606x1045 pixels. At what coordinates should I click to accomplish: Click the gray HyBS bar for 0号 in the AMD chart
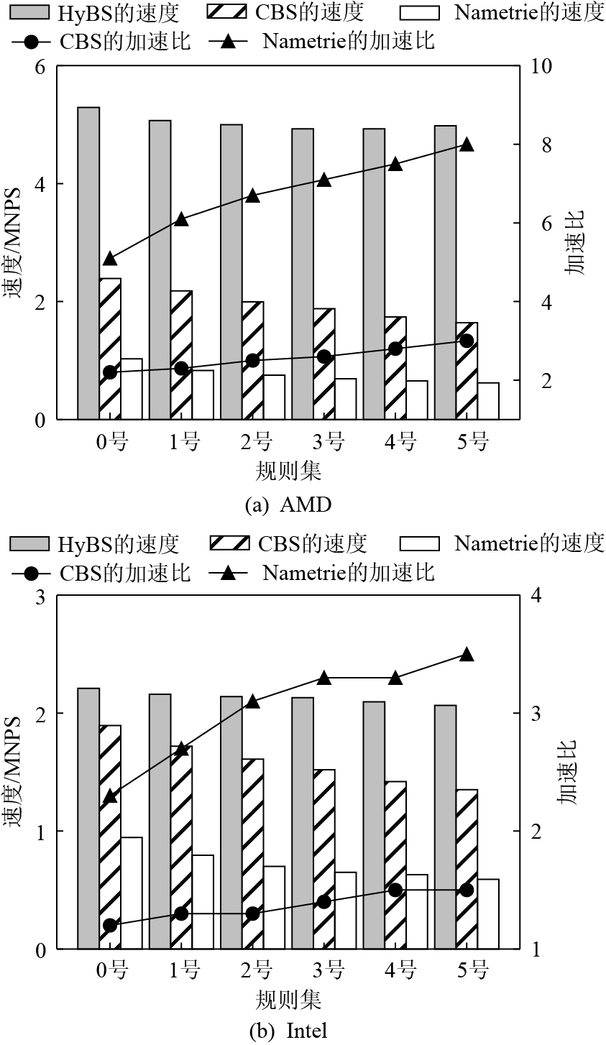click(x=88, y=263)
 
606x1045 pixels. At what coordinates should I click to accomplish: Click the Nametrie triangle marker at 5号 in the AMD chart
click(x=467, y=144)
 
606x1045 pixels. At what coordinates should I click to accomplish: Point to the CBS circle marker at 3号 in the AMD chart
click(x=324, y=356)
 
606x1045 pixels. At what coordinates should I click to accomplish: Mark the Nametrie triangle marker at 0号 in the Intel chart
click(x=110, y=796)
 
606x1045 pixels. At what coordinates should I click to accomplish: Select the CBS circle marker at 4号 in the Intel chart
click(x=395, y=890)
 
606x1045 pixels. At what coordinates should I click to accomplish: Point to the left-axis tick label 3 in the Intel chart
click(x=40, y=596)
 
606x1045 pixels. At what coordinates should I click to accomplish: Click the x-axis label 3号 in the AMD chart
click(x=328, y=443)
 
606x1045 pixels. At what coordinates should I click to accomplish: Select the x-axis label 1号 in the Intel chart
click(x=185, y=972)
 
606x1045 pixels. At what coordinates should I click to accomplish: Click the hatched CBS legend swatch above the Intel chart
click(x=229, y=543)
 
